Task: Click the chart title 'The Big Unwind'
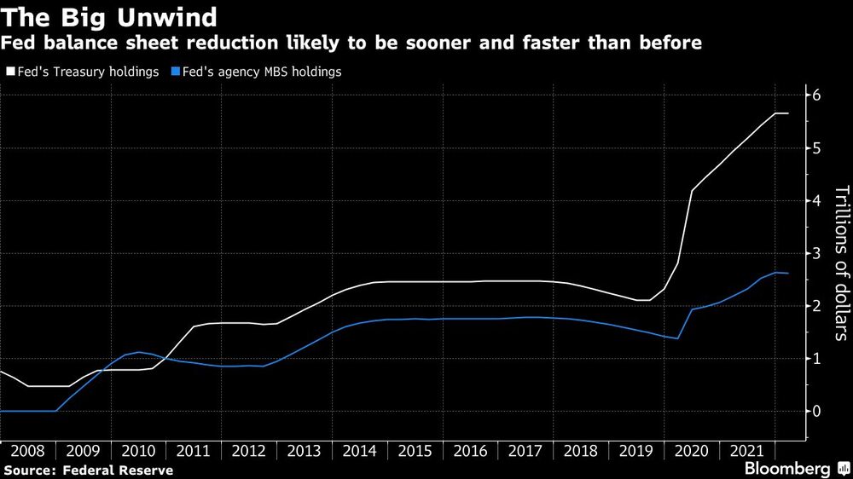(x=108, y=17)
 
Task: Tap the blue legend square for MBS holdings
(x=175, y=72)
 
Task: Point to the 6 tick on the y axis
(x=816, y=95)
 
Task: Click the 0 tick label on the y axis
(x=816, y=411)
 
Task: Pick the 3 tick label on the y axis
(x=816, y=253)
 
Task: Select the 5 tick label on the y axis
(x=816, y=148)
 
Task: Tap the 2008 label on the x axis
(x=28, y=449)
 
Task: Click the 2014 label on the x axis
(x=360, y=449)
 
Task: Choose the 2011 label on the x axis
(x=194, y=449)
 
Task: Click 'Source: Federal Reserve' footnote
(x=89, y=470)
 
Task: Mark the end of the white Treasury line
(x=789, y=113)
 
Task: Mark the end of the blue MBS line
(x=789, y=273)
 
